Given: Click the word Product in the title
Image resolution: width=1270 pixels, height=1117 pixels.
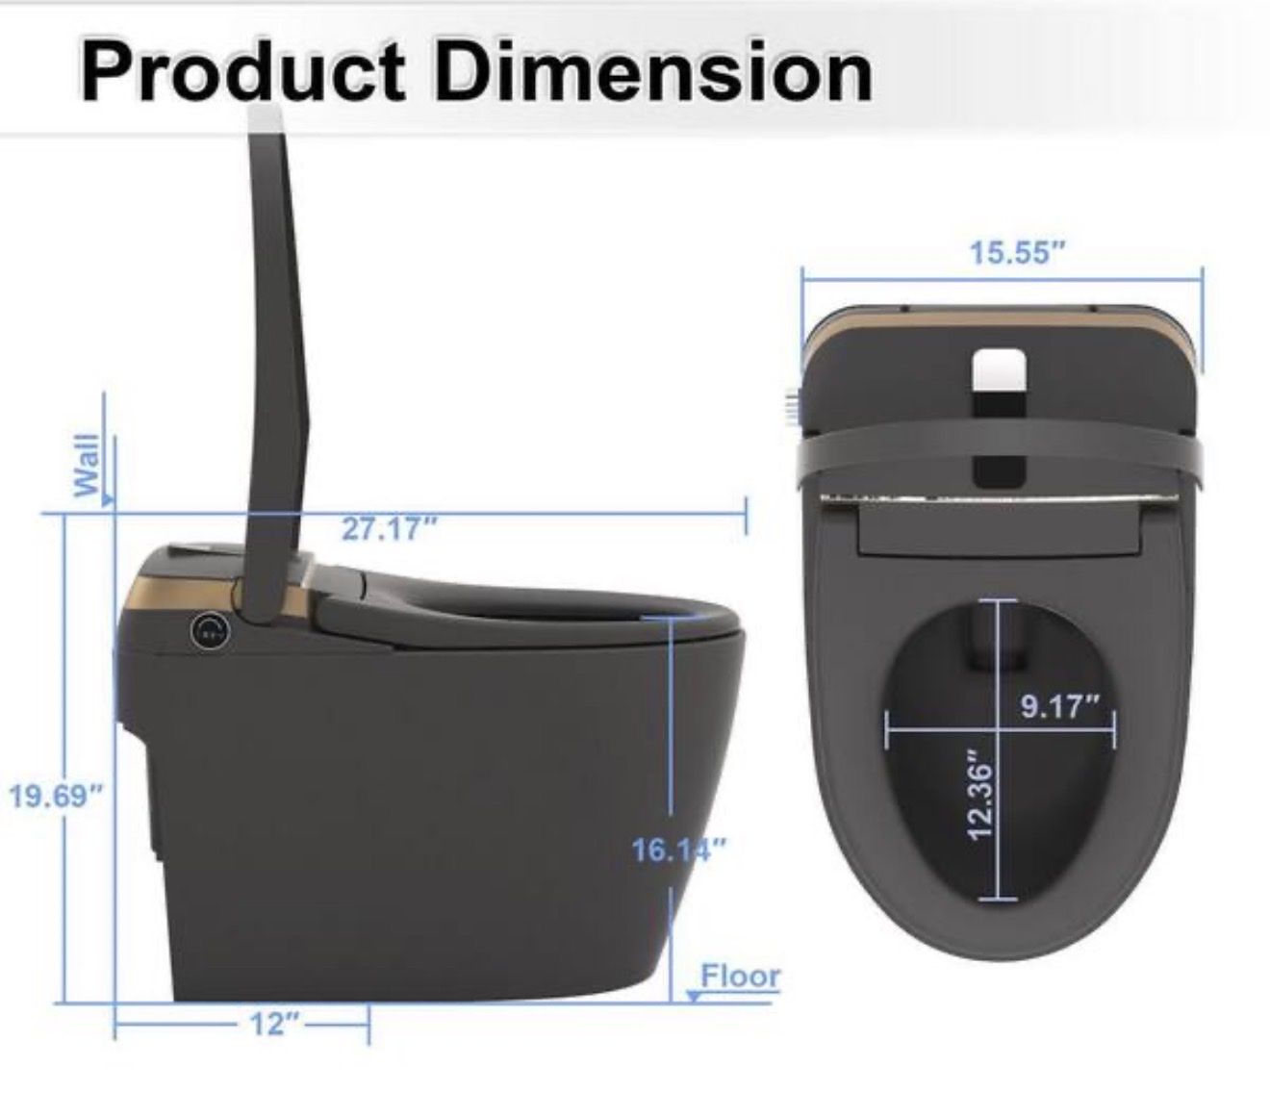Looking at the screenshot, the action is click(241, 71).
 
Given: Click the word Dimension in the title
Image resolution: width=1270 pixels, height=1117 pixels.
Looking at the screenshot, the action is click(652, 71).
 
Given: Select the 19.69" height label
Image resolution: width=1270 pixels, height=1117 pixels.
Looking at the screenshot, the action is click(55, 797).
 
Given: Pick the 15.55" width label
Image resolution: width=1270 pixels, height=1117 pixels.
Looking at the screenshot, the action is click(1017, 253).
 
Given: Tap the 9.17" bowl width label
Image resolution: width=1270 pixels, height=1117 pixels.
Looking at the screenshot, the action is click(1060, 706).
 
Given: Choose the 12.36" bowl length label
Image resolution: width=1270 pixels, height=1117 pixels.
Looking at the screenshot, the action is click(979, 794).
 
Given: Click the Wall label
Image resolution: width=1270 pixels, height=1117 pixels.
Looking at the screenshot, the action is click(87, 465).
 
